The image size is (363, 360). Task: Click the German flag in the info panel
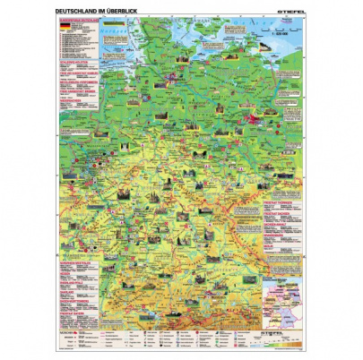(x=62, y=29)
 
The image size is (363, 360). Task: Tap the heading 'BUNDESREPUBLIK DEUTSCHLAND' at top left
(x=75, y=20)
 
